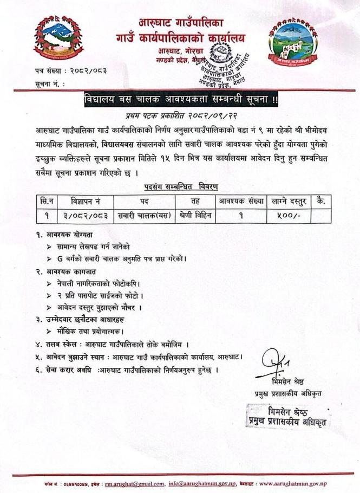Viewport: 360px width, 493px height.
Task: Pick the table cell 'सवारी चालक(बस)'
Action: [x=143, y=215]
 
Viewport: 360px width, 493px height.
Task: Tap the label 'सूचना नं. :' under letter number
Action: [x=47, y=85]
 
